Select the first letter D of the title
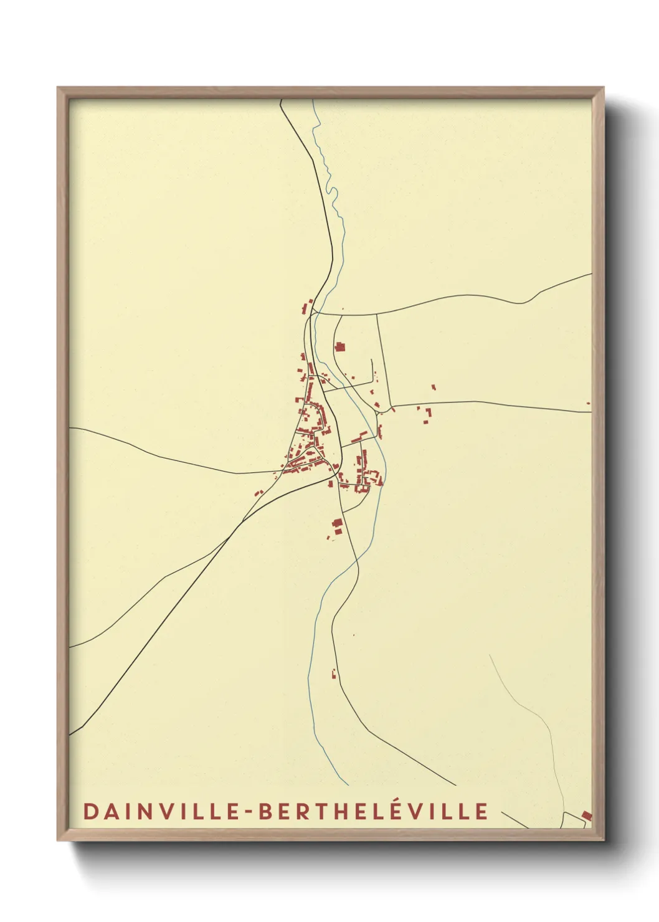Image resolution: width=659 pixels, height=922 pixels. [90, 812]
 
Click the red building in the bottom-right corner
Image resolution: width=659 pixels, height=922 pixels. [586, 815]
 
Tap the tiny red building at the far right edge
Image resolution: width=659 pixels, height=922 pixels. [588, 403]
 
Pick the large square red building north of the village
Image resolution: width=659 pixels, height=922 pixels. [340, 346]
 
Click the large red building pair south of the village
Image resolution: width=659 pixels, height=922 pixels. [338, 526]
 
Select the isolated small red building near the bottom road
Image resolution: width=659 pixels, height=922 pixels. [334, 673]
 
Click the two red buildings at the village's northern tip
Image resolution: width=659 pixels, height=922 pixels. [307, 306]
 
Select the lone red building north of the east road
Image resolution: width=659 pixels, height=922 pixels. [434, 387]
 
